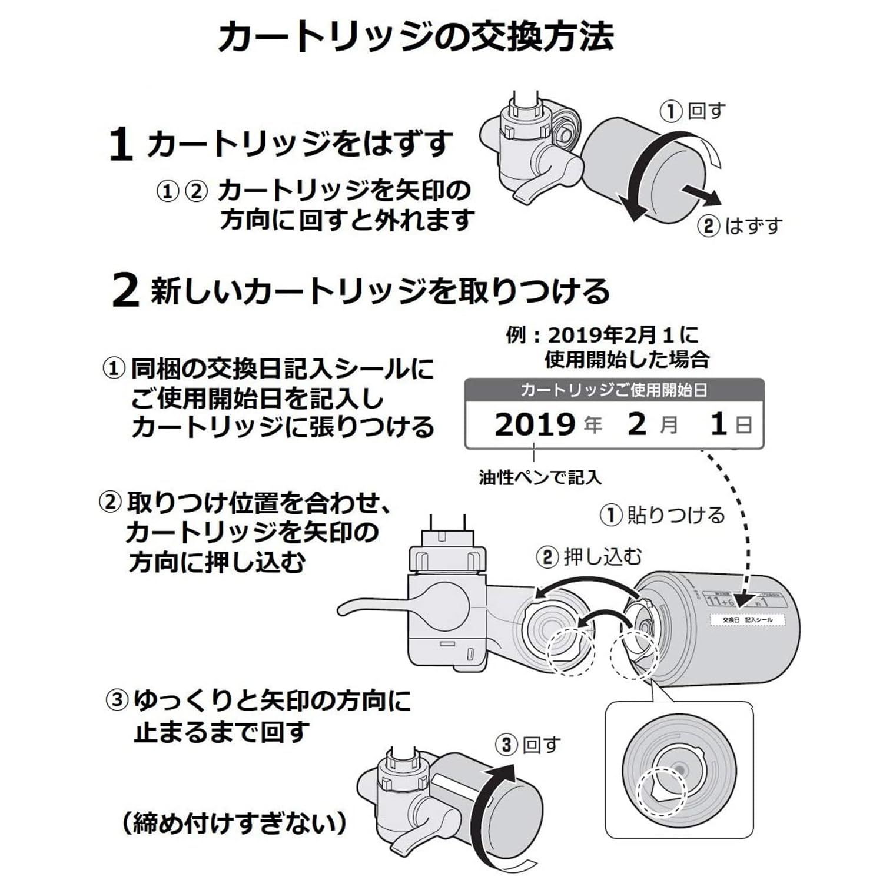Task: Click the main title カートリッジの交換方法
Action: point(416,36)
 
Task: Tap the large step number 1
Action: point(120,145)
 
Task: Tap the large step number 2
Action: point(125,291)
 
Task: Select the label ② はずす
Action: point(740,226)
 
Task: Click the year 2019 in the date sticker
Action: point(535,424)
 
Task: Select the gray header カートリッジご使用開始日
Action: point(614,390)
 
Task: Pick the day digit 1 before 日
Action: point(718,424)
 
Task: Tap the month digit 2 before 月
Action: point(637,424)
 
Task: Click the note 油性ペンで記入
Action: point(540,477)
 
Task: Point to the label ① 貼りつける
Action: point(662,515)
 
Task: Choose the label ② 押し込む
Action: point(589,557)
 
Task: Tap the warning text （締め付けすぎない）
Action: point(234,822)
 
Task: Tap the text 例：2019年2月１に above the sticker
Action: point(602,336)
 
